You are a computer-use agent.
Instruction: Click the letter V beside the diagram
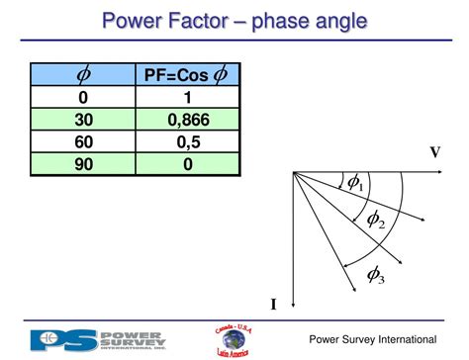434,152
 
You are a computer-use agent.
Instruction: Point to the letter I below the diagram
273,304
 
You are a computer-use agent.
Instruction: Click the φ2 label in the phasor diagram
376,220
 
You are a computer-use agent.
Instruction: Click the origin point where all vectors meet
294,172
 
